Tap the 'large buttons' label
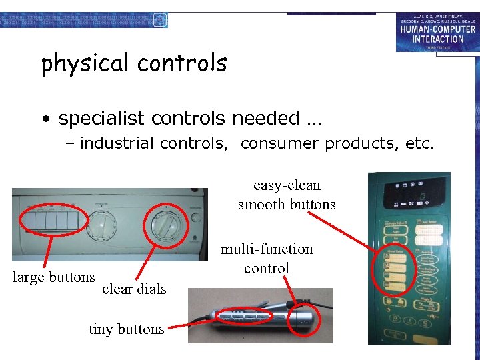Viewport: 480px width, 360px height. [x=54, y=277]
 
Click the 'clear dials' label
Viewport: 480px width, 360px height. [x=134, y=289]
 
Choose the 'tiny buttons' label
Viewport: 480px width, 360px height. [x=127, y=329]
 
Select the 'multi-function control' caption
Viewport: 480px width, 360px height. [x=267, y=259]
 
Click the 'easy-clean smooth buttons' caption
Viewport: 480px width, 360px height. [x=287, y=195]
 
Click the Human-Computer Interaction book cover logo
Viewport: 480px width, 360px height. [x=436, y=31]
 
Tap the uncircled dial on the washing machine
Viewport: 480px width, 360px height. [x=101, y=227]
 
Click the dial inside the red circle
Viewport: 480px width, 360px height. [x=164, y=227]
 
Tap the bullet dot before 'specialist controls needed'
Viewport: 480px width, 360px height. [x=45, y=120]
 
